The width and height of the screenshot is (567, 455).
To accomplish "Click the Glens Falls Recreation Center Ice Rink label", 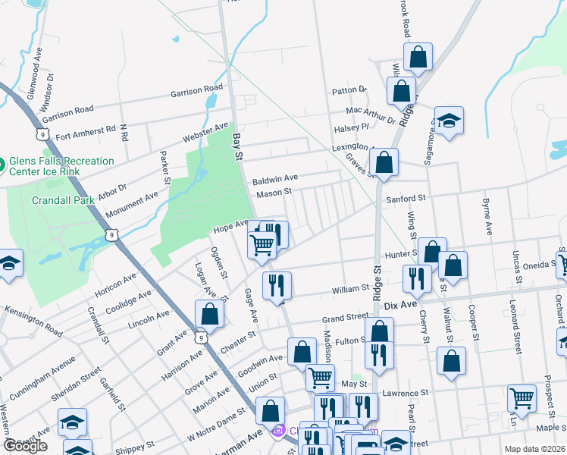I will tap(61, 166).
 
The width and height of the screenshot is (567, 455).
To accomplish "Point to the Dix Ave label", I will tap(401, 305).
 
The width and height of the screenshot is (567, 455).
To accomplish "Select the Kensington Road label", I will tap(33, 322).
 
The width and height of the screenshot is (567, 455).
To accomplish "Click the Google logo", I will tap(25, 446).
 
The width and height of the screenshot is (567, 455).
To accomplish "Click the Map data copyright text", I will tap(534, 449).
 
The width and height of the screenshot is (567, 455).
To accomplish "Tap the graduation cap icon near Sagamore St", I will tap(449, 121).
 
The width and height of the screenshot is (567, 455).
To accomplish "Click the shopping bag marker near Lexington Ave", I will tap(384, 162).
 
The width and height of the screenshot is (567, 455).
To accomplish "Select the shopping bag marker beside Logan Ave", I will tap(209, 314).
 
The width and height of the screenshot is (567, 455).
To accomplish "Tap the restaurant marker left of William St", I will tap(277, 285).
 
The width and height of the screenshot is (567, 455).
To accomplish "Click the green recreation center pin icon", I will tap(2, 162).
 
